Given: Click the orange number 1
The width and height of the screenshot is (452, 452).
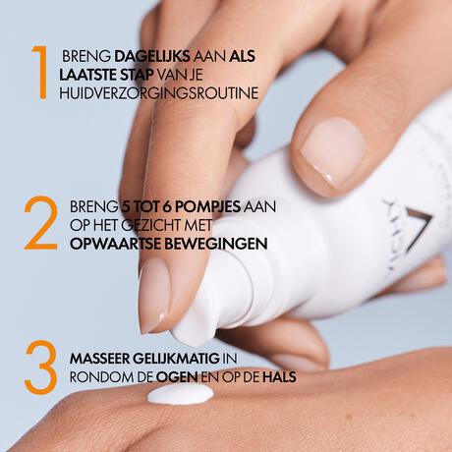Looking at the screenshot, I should (x=38, y=70).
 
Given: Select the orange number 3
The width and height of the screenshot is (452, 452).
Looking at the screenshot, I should (x=39, y=367).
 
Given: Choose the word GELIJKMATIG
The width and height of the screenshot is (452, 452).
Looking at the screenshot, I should (x=188, y=357).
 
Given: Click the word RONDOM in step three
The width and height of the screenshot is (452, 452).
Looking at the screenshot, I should (x=99, y=374).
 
